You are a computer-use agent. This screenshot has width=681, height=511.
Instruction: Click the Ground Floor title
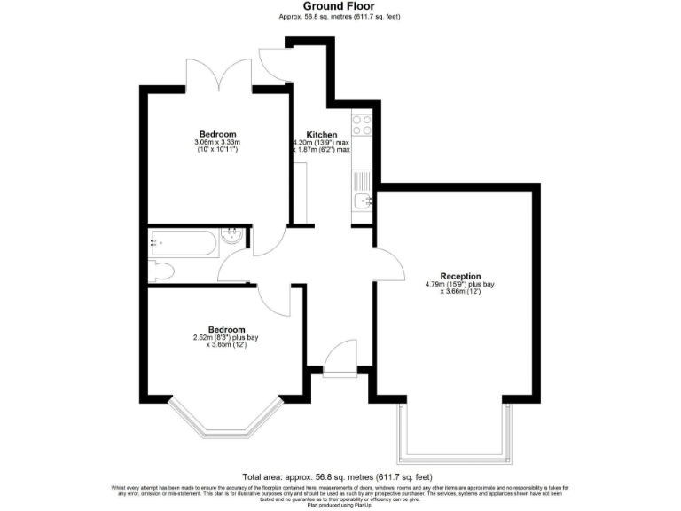(x=340, y=6)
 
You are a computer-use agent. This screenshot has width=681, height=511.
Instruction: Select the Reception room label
(x=459, y=275)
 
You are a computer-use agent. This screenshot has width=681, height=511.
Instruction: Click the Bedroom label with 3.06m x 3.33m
(x=217, y=133)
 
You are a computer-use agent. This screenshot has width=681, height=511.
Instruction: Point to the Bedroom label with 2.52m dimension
(x=226, y=328)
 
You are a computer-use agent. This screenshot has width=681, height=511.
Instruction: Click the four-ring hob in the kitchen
(x=362, y=125)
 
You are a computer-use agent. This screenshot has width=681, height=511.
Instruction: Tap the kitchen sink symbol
(x=362, y=201)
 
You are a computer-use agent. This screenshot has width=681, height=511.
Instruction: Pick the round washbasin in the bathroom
(x=232, y=236)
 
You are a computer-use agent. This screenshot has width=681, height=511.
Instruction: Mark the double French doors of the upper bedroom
(x=218, y=74)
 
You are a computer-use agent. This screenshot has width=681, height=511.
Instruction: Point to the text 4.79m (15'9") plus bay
(x=459, y=285)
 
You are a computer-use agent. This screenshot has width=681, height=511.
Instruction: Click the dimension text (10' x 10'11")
(x=217, y=149)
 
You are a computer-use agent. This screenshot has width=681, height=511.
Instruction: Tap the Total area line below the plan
(x=340, y=476)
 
